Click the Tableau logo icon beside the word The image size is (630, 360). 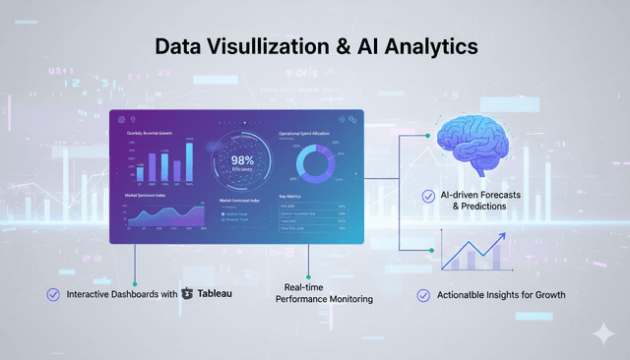(188, 293)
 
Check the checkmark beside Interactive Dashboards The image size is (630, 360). (53, 293)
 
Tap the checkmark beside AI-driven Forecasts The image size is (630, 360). (427, 196)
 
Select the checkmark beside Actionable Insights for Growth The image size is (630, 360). (423, 294)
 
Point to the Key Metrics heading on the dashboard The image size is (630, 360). (293, 197)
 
